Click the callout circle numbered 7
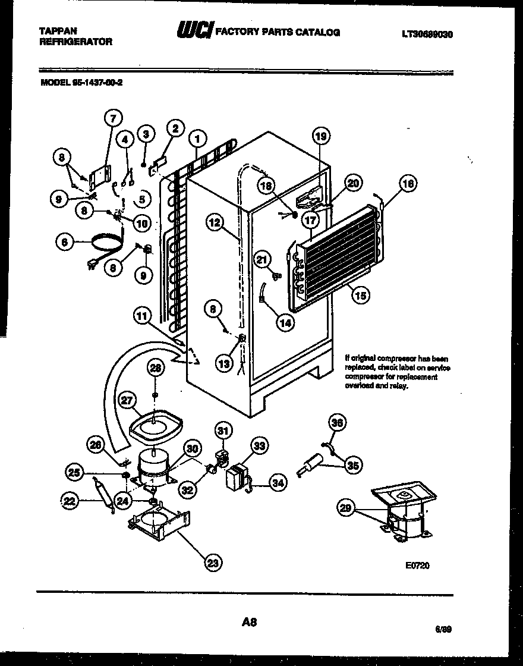114,118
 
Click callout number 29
345,507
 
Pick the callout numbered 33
260,445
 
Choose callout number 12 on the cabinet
215,223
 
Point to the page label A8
250,623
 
